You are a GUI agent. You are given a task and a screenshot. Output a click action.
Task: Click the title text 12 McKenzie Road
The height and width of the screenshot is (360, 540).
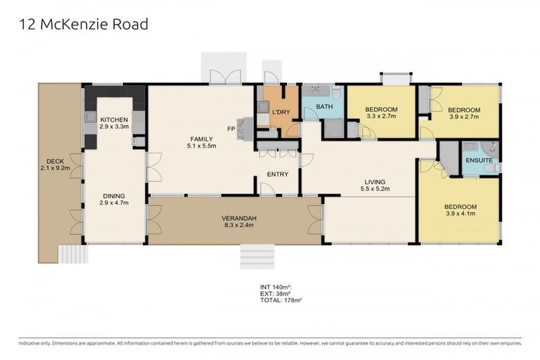coord(83,25)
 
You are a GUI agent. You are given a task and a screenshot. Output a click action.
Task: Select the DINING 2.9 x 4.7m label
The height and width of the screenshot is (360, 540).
coord(114,198)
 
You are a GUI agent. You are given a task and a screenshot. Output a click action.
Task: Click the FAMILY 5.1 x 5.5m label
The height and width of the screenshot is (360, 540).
coord(200,141)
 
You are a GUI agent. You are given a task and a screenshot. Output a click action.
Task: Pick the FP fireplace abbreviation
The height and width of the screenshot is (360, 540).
coord(230,129)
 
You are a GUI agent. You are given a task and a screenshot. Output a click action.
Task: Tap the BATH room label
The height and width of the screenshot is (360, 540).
coord(324,107)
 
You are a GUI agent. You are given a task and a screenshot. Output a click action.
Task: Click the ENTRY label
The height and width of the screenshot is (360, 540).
coord(278,174)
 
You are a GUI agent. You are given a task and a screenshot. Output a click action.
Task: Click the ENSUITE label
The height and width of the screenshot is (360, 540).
coord(479,160)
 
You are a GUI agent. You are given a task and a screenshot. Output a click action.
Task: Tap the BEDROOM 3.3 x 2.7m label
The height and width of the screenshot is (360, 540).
coord(381,112)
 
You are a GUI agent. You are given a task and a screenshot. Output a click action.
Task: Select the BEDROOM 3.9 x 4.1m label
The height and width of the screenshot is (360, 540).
coord(460,210)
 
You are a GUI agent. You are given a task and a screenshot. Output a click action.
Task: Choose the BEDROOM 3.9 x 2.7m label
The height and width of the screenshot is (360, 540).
coord(464,113)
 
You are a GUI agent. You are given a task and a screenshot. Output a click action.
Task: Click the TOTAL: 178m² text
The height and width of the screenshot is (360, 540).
coord(281,300)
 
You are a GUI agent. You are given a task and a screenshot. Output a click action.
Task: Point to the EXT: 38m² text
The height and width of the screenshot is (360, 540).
coord(276,293)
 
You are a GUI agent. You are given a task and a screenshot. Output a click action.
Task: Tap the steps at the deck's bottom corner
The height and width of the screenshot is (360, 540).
coord(70,253)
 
